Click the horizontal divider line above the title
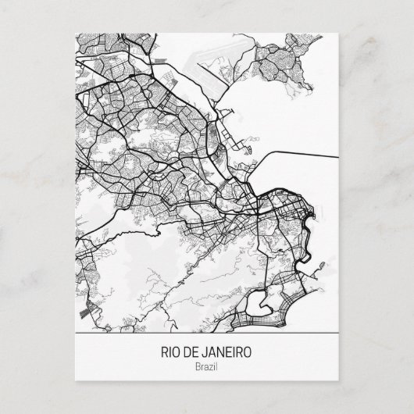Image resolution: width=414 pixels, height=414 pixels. coord(207,334)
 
